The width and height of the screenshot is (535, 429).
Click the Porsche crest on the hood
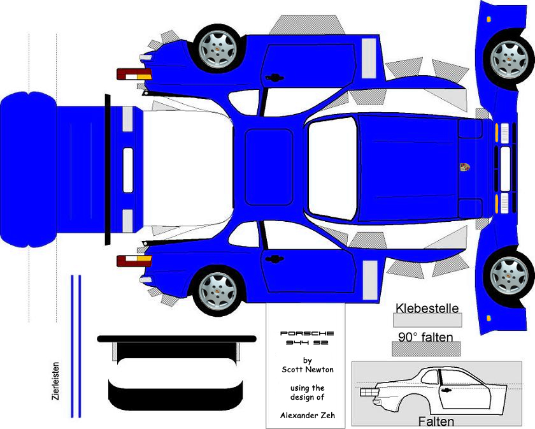[x=464, y=166]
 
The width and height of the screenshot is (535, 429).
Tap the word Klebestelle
[x=427, y=308]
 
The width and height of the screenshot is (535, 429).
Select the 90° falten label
[x=426, y=337]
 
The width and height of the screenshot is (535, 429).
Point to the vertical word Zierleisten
[x=55, y=381]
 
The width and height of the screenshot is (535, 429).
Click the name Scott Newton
[x=308, y=369]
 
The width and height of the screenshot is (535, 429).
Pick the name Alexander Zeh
[x=308, y=416]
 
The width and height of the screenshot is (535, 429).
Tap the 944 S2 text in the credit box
[x=307, y=342]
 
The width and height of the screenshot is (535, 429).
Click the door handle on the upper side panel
[x=275, y=78]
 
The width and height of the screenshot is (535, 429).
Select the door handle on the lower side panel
[x=275, y=259]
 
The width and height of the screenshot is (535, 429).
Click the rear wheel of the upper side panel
[x=218, y=49]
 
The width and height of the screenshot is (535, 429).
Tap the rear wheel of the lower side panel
[x=218, y=291]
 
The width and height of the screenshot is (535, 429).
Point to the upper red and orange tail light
[x=134, y=74]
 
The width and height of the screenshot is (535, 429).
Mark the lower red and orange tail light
[x=134, y=261]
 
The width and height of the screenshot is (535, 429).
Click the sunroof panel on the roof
[x=269, y=167]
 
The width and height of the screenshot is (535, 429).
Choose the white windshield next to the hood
[x=332, y=168]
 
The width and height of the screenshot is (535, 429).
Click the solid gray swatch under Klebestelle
[x=427, y=320]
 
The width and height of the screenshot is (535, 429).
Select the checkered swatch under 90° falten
[x=426, y=349]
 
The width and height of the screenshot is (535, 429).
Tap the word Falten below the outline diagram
[x=436, y=421]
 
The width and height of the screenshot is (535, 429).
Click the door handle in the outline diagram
[x=445, y=389]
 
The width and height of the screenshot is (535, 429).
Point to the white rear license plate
[x=128, y=170]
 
